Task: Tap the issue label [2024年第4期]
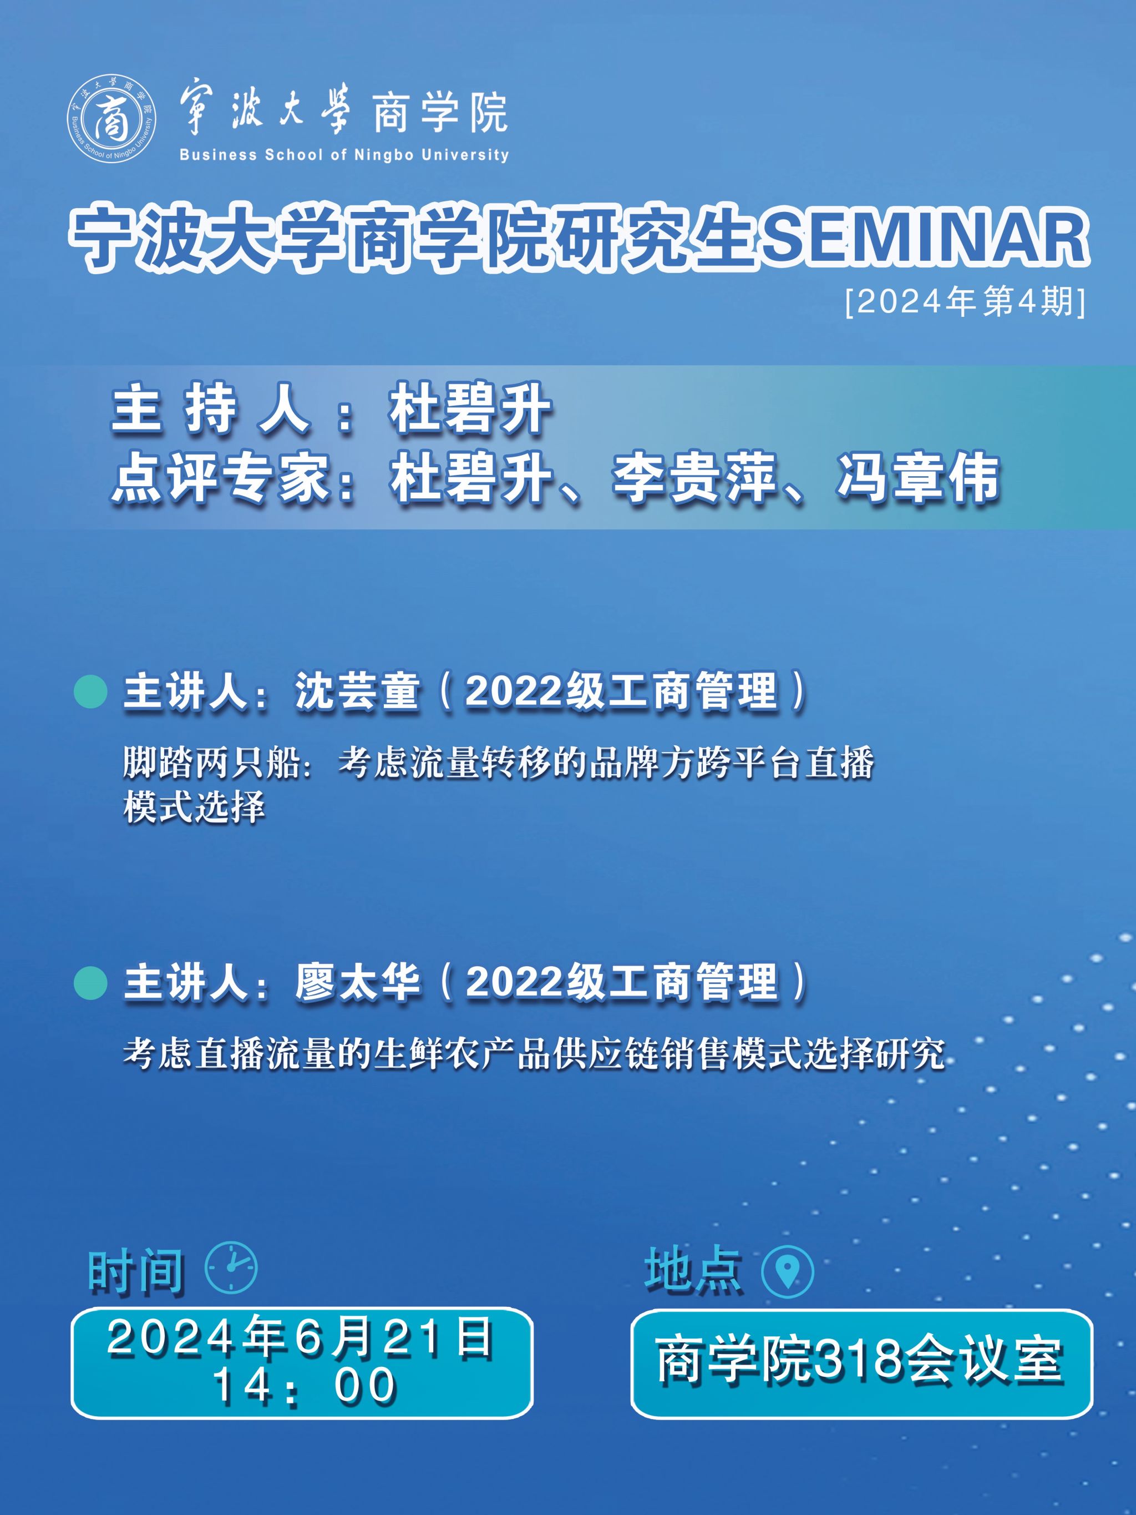pos(966,302)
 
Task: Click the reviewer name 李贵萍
pos(693,479)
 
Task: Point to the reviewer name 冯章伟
pos(917,479)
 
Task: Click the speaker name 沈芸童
pos(357,691)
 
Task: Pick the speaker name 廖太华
pos(357,983)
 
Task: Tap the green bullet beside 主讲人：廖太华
pos(90,983)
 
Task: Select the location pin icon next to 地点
pos(788,1270)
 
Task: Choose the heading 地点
pos(693,1269)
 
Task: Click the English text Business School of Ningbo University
pos(344,155)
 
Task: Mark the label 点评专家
pos(220,479)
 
